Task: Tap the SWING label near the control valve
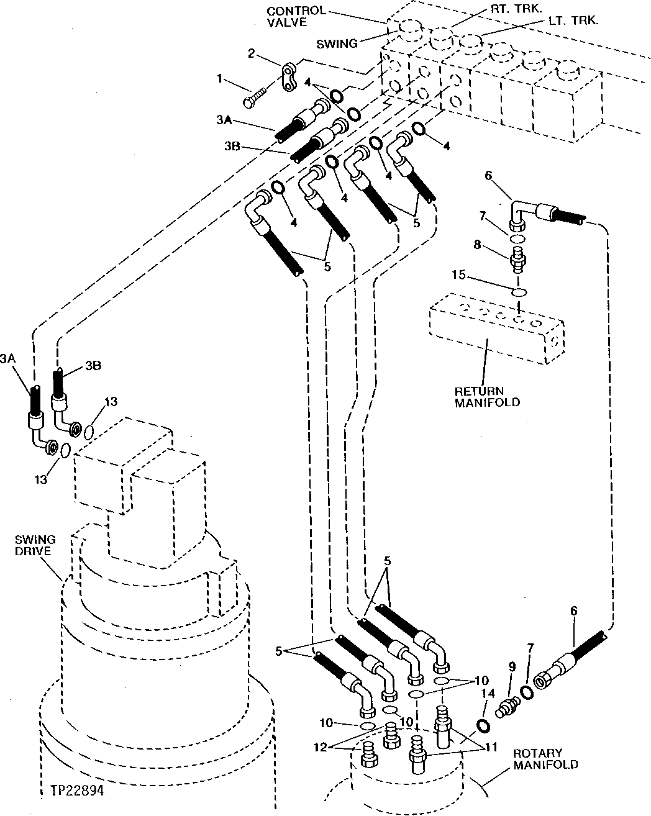click(x=337, y=43)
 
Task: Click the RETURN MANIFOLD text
click(x=487, y=397)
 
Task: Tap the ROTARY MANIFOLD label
click(x=545, y=759)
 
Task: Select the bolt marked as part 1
click(x=255, y=96)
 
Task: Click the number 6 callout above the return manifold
click(x=488, y=176)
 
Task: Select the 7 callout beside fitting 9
click(x=529, y=666)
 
